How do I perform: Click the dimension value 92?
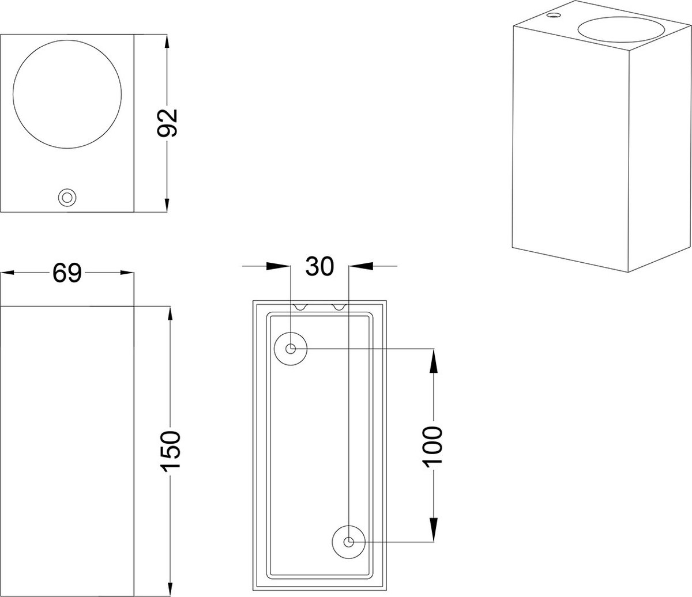click(x=167, y=123)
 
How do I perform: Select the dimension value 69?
click(x=67, y=273)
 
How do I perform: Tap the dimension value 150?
click(x=171, y=452)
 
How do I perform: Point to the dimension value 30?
click(x=319, y=266)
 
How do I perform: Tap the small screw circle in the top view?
click(x=67, y=198)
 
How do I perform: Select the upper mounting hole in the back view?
click(x=291, y=349)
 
